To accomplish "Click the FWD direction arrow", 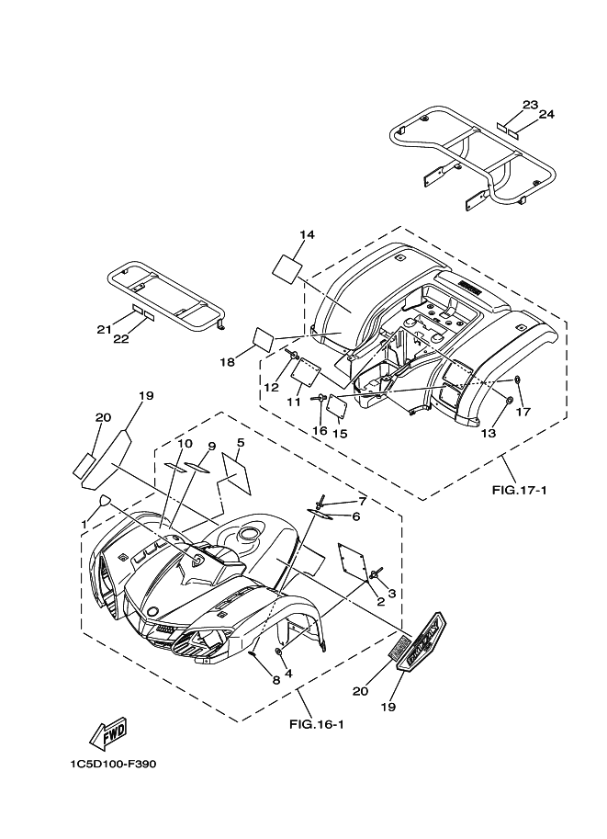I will click(x=109, y=732).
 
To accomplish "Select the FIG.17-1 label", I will click(x=519, y=490).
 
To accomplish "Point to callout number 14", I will click(x=308, y=235).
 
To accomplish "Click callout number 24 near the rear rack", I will click(x=546, y=114).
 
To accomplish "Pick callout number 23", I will click(x=531, y=104).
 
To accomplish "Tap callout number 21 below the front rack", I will click(x=104, y=329).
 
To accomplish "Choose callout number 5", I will click(x=240, y=443).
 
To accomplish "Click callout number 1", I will click(x=84, y=524).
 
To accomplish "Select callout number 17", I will click(x=523, y=412).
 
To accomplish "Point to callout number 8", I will click(x=250, y=679).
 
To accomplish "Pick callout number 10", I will click(x=185, y=444).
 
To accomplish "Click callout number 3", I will click(x=391, y=594).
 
